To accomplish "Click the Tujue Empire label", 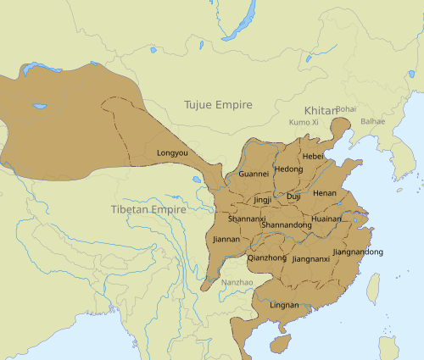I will [218, 105].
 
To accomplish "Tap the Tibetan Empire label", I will [149, 209].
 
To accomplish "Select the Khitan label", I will [320, 111].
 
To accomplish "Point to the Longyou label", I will [174, 153].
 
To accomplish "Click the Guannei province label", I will [254, 174].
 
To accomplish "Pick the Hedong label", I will [288, 169].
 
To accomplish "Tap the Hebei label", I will [313, 157].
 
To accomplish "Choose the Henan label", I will [325, 194].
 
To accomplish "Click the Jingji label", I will [263, 200].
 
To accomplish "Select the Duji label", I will [293, 196].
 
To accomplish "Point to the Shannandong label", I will [287, 224].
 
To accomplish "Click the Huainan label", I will [326, 218].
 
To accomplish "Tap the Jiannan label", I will [226, 240].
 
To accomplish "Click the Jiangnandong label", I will [359, 252].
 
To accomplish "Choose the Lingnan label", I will [284, 305].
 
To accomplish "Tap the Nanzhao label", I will [236, 281].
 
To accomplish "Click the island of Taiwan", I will [372, 289].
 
